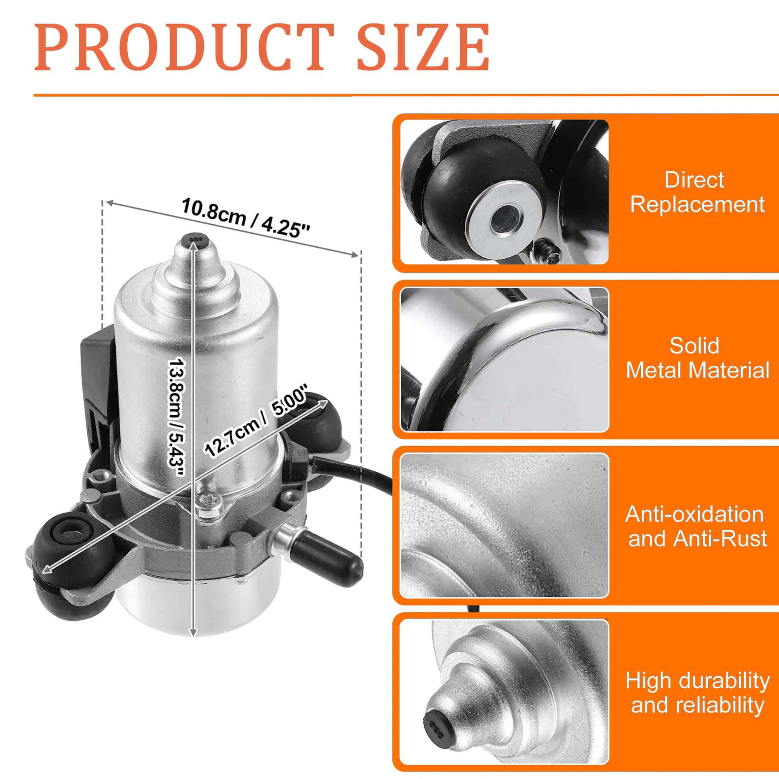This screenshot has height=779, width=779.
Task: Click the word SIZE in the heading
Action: pos(423,47)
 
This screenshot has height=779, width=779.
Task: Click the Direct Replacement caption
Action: pos(697,192)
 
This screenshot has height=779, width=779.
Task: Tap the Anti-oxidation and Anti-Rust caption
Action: pos(697,526)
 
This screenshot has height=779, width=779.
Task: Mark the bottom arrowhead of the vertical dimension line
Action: pos(194,632)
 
